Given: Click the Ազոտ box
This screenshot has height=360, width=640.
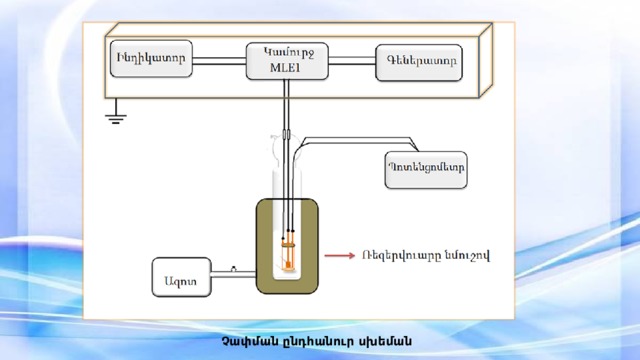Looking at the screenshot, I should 180,277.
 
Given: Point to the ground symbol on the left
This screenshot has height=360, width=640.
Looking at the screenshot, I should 117,116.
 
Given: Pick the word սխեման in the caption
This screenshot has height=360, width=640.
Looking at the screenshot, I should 385,343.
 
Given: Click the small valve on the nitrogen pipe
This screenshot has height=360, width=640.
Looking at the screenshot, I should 234,268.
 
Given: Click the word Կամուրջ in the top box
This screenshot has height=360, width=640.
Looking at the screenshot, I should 286,51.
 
